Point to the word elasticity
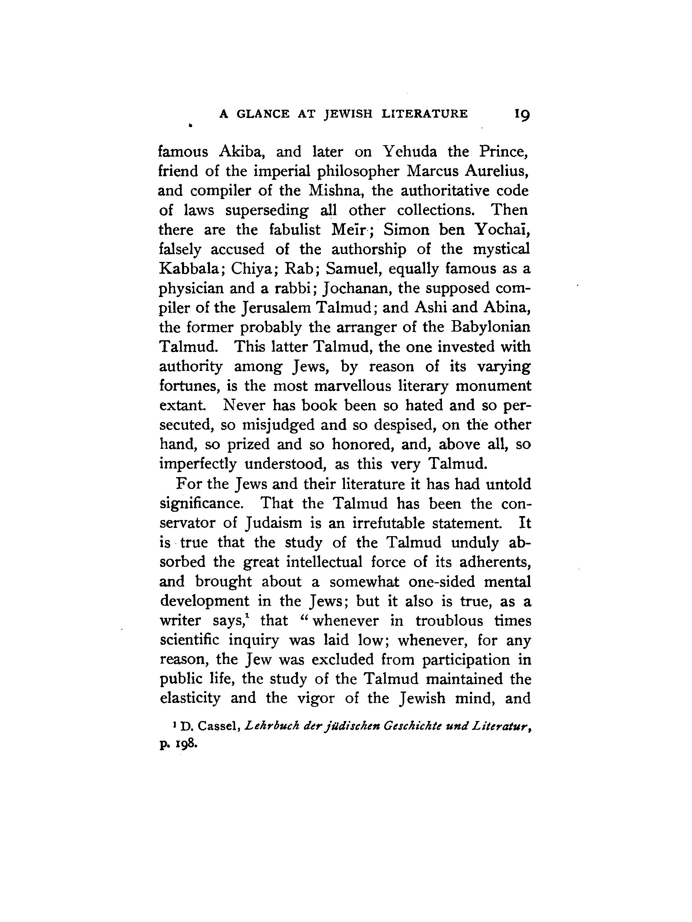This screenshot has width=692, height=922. (x=190, y=698)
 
